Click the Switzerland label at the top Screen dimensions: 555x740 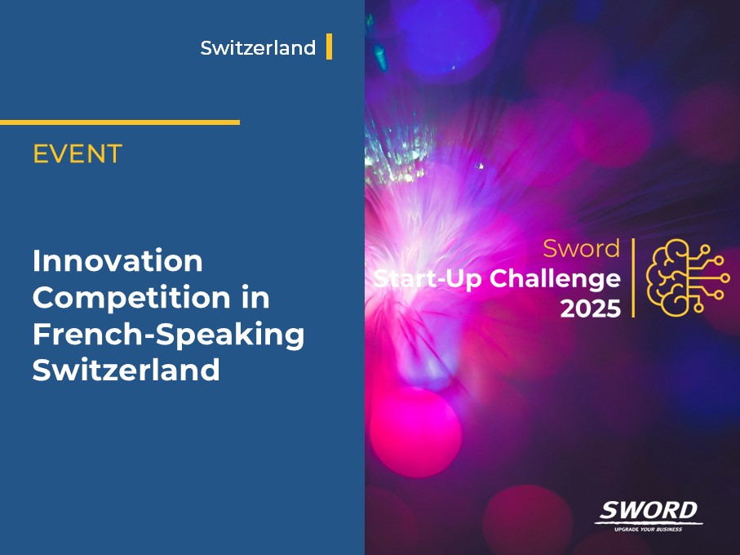coord(258,48)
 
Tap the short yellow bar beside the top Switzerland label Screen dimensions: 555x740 coord(329,47)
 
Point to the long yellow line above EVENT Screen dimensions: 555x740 coord(120,122)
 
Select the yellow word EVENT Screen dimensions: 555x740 coord(78,153)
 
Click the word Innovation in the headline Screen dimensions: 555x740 coord(117,262)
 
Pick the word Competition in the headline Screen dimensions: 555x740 coord(129,298)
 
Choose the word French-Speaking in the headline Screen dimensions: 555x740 coord(168,335)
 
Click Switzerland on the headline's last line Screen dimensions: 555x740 coord(126,371)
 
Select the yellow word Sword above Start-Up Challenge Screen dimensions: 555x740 coord(582,247)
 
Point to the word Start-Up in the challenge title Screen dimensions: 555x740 coord(427,278)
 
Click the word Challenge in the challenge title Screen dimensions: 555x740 coord(555,278)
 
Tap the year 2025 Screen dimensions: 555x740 coord(590,309)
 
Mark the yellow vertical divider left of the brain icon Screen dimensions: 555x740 coord(633,277)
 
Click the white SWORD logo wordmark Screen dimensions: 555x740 coord(649,511)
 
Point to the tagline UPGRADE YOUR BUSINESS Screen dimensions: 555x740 coord(649,529)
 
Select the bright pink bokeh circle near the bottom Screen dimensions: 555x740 coord(415,429)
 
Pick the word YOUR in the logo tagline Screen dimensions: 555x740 coord(646,529)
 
